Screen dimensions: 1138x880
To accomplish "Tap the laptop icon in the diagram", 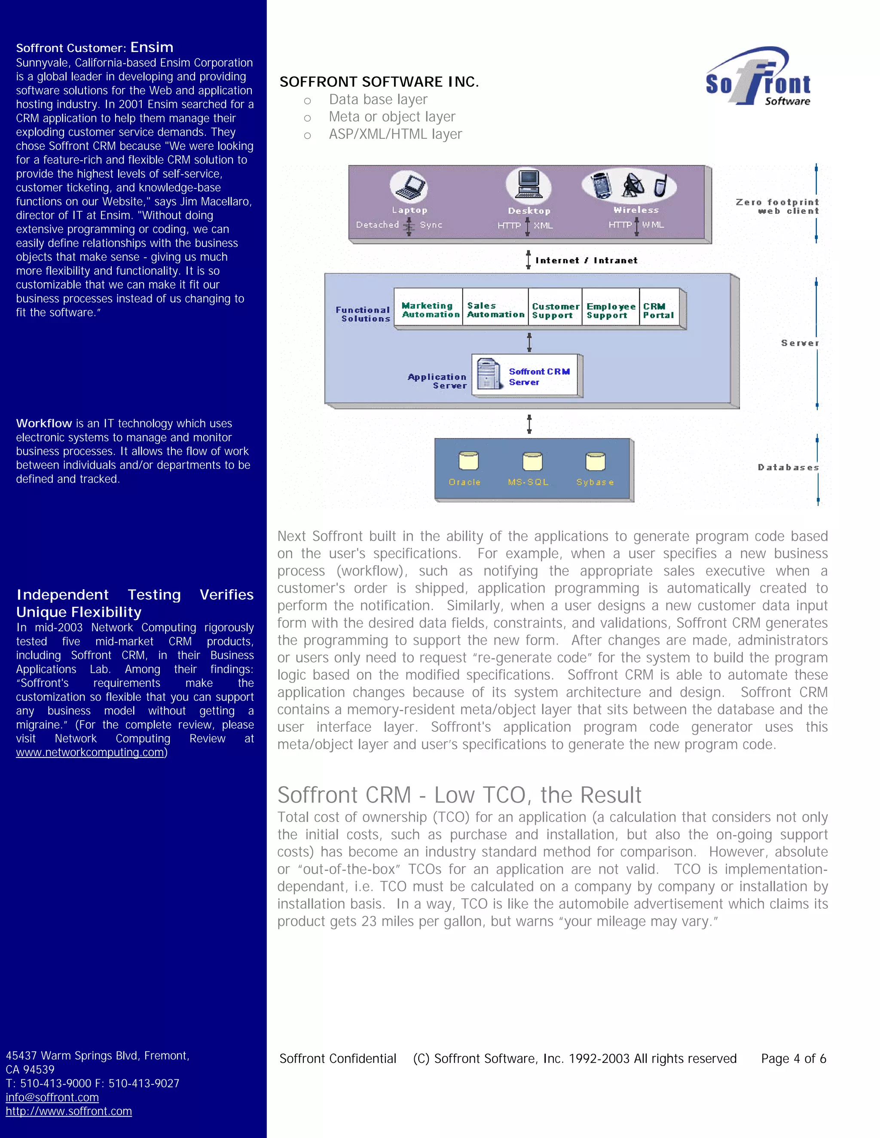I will point(409,186).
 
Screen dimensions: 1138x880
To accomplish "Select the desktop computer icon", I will point(528,185).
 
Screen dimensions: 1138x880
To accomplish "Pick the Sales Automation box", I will point(495,310).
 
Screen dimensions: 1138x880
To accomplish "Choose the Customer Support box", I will point(555,310).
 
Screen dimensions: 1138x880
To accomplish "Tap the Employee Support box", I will point(611,310).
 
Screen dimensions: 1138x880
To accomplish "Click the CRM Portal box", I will point(658,310).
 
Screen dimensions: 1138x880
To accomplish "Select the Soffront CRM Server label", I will point(539,376).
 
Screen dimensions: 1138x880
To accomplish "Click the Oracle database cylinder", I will point(468,461).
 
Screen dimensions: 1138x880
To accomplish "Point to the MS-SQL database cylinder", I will point(532,461).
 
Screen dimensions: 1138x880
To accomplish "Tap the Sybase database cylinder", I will point(595,461).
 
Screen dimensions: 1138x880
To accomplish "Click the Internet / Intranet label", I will point(586,260).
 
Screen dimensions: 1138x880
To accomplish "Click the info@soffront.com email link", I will point(52,1097).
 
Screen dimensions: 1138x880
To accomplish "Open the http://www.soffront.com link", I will point(69,1111).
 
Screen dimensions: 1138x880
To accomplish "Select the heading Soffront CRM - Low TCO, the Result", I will point(459,794).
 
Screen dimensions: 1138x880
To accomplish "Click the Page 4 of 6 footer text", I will point(793,1058).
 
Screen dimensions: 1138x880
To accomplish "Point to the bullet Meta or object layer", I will point(391,117).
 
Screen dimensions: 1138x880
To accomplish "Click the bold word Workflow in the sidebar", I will point(44,423).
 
